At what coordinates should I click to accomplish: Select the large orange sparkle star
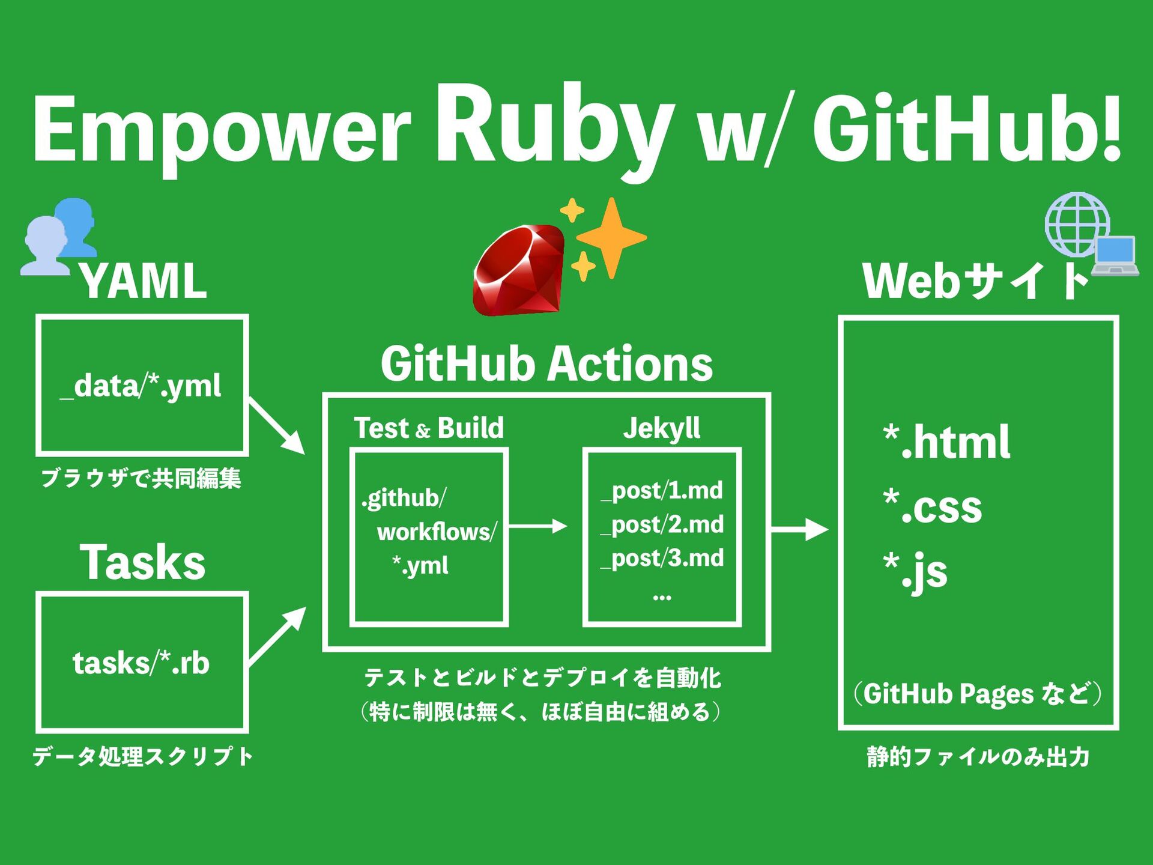pos(611,238)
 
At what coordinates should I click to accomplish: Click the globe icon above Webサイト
pos(1077,225)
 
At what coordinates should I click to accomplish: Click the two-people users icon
pos(59,237)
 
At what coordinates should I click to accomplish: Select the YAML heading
pos(143,281)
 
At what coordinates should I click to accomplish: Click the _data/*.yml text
pos(141,386)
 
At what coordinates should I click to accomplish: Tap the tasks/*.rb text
pos(141,663)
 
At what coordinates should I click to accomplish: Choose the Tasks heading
pos(143,562)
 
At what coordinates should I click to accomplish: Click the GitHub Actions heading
pos(546,364)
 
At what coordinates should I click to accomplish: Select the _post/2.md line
pos(662,525)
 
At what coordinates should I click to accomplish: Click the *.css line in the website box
pos(933,506)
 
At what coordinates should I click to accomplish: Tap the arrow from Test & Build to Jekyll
pos(538,526)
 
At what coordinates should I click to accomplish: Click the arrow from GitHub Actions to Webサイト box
pos(800,529)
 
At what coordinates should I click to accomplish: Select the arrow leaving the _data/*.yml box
pos(277,426)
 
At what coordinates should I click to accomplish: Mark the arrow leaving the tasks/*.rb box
pos(277,636)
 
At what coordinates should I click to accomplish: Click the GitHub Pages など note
pos(978,694)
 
